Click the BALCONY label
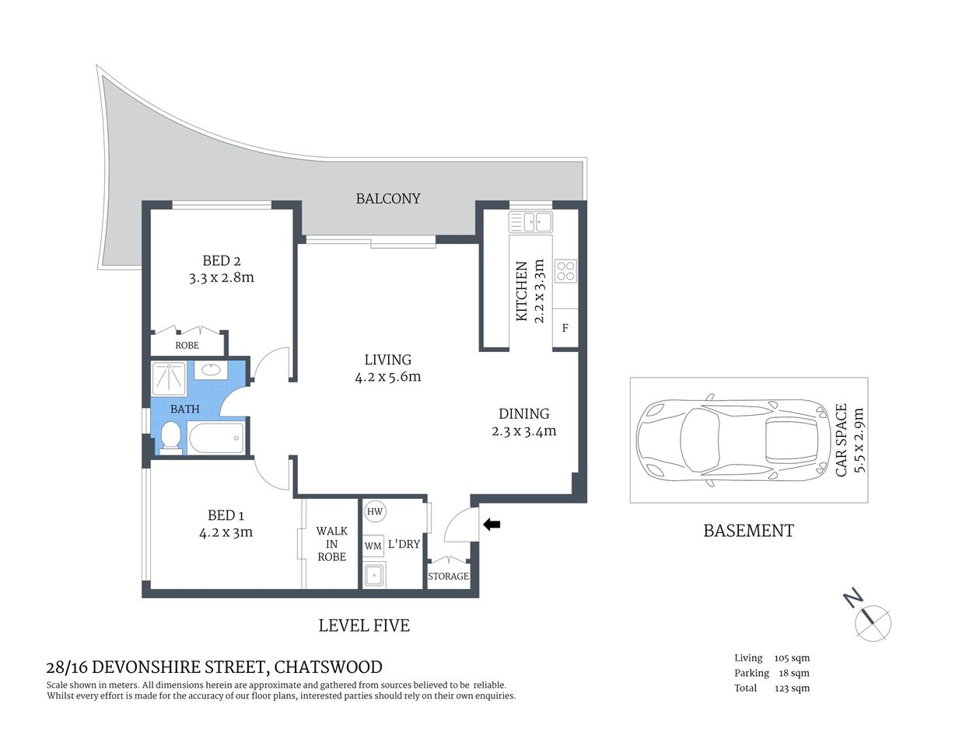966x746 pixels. coord(387,198)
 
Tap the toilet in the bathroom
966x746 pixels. coord(170,437)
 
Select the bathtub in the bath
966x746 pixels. coord(215,438)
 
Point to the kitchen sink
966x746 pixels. coord(530,223)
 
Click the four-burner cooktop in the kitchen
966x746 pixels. coord(565,270)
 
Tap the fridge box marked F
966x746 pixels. coord(565,328)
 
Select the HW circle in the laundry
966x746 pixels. coord(375,511)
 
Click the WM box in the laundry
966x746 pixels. coord(373,546)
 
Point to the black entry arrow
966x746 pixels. coord(492,525)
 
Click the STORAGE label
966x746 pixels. coord(448,576)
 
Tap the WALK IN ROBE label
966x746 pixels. coord(331,544)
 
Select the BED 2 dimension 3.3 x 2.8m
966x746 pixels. coord(222,277)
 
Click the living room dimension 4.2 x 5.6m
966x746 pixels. coord(387,377)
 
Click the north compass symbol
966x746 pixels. coord(872,622)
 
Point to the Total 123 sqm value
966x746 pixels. coord(792,688)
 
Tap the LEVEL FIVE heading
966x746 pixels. coord(364,625)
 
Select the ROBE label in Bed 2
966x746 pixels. coord(187,345)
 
